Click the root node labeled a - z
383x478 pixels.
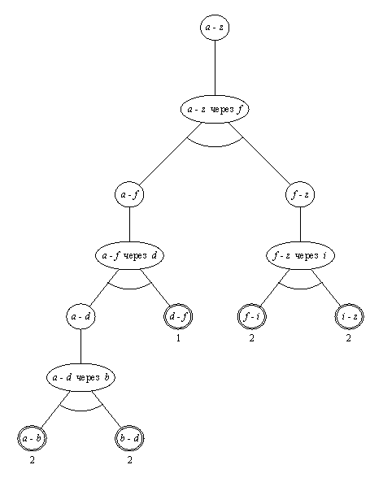(214, 28)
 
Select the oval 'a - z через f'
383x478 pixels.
(214, 110)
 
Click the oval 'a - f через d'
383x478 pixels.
(130, 255)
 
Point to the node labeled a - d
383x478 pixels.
(80, 316)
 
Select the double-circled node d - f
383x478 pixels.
(178, 316)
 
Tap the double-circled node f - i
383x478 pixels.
(250, 316)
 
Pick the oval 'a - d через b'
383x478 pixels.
(80, 377)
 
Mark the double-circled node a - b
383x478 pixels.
(32, 439)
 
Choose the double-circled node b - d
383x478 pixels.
(129, 439)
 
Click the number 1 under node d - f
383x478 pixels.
(178, 338)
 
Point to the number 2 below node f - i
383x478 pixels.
(251, 338)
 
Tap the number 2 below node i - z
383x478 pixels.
(347, 338)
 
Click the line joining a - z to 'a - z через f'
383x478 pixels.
(214, 69)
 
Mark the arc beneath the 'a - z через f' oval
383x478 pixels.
(214, 145)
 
